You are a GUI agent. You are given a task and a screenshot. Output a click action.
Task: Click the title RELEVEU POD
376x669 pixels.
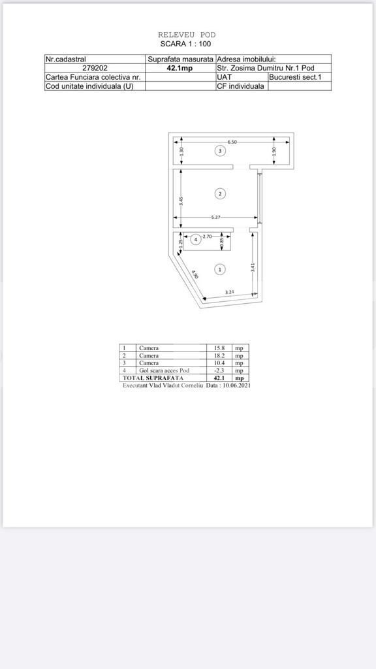click(187, 35)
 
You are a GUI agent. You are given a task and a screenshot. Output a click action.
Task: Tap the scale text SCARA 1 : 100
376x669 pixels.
click(186, 43)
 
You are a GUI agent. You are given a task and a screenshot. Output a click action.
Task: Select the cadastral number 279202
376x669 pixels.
click(95, 68)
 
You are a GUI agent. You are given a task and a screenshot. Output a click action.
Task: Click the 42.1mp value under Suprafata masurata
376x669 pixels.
click(180, 68)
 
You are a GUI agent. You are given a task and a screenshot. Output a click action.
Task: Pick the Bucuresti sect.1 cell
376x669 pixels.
click(299, 77)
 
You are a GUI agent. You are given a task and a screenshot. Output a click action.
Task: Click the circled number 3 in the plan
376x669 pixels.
click(221, 151)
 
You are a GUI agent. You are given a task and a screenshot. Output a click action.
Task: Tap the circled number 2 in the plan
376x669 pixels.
click(221, 193)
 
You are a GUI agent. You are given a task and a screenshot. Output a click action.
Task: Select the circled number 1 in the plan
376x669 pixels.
click(221, 269)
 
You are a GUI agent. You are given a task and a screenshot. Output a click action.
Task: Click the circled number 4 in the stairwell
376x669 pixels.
click(195, 239)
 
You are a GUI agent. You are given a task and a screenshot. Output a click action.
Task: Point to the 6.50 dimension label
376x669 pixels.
click(232, 142)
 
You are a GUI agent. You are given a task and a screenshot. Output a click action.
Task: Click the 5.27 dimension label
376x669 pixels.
click(215, 218)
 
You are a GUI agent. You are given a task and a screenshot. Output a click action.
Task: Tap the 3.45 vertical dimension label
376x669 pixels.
click(181, 201)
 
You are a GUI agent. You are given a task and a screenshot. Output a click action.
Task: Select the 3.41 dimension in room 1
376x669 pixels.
click(253, 267)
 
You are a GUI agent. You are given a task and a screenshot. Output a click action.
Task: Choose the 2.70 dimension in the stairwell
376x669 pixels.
click(207, 236)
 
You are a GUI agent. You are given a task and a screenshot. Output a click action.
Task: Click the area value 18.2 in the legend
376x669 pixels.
click(219, 356)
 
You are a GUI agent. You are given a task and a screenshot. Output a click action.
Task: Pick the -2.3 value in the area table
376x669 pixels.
click(219, 370)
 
